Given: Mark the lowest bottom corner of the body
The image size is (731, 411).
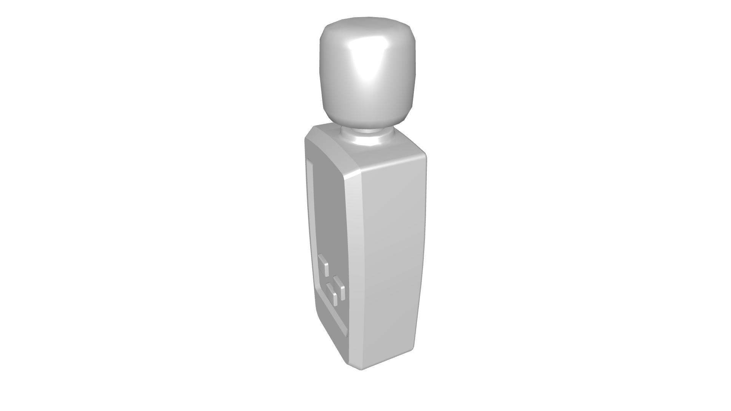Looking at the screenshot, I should [360, 368].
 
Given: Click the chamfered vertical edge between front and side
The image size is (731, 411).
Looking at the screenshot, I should [352, 266].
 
